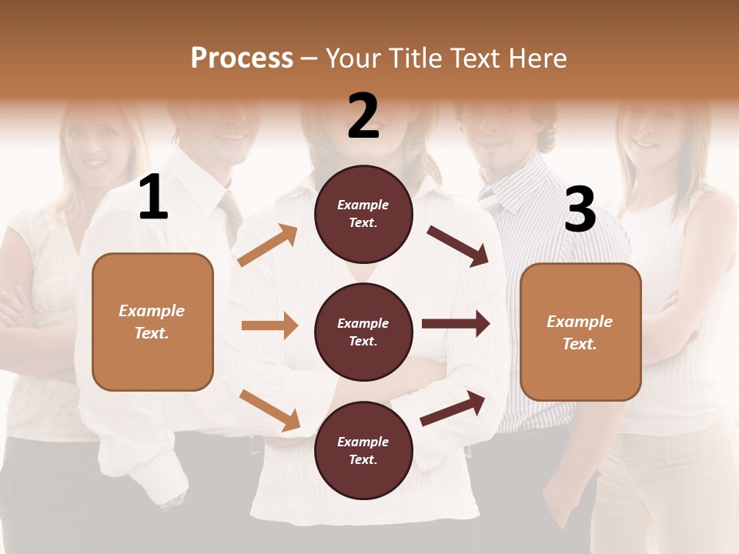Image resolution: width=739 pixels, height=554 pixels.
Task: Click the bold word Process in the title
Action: [242, 58]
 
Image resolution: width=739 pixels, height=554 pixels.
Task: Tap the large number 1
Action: [153, 198]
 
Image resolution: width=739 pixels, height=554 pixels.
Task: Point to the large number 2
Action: [363, 116]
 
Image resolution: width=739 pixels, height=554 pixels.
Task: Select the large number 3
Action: [580, 210]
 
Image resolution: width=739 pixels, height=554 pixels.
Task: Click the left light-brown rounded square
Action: [152, 322]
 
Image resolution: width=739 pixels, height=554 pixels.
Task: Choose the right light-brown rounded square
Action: [580, 332]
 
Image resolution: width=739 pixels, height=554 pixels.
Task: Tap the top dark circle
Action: [363, 214]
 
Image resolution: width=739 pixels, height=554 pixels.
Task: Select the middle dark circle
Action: [363, 332]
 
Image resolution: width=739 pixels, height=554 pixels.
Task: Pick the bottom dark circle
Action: [363, 450]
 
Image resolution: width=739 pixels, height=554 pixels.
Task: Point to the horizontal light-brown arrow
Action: [269, 325]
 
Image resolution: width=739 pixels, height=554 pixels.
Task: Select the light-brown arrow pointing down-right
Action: [269, 410]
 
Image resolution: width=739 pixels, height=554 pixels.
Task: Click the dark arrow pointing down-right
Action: [458, 245]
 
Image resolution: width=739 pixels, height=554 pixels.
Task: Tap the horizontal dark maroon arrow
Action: [455, 324]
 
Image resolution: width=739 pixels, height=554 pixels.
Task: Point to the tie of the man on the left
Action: [232, 215]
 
